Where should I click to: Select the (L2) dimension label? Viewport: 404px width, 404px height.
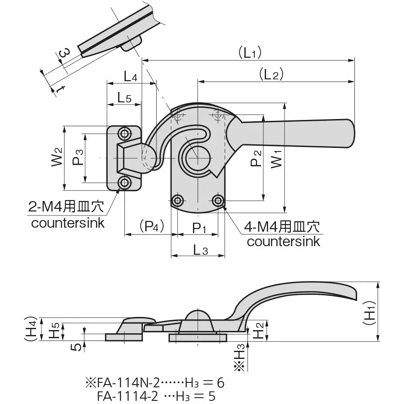(271, 75)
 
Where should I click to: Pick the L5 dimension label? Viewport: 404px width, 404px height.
(124, 97)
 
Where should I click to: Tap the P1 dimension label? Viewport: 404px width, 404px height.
(198, 229)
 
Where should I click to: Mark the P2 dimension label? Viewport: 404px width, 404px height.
(256, 158)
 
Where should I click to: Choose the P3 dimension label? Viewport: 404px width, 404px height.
(78, 157)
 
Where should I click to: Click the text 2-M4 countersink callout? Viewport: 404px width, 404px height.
(67, 215)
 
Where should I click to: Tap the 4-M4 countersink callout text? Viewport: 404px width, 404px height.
(283, 234)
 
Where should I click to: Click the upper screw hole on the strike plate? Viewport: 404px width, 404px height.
(124, 133)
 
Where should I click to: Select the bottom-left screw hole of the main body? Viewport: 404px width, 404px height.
(178, 200)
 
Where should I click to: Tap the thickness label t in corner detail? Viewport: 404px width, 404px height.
(59, 89)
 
